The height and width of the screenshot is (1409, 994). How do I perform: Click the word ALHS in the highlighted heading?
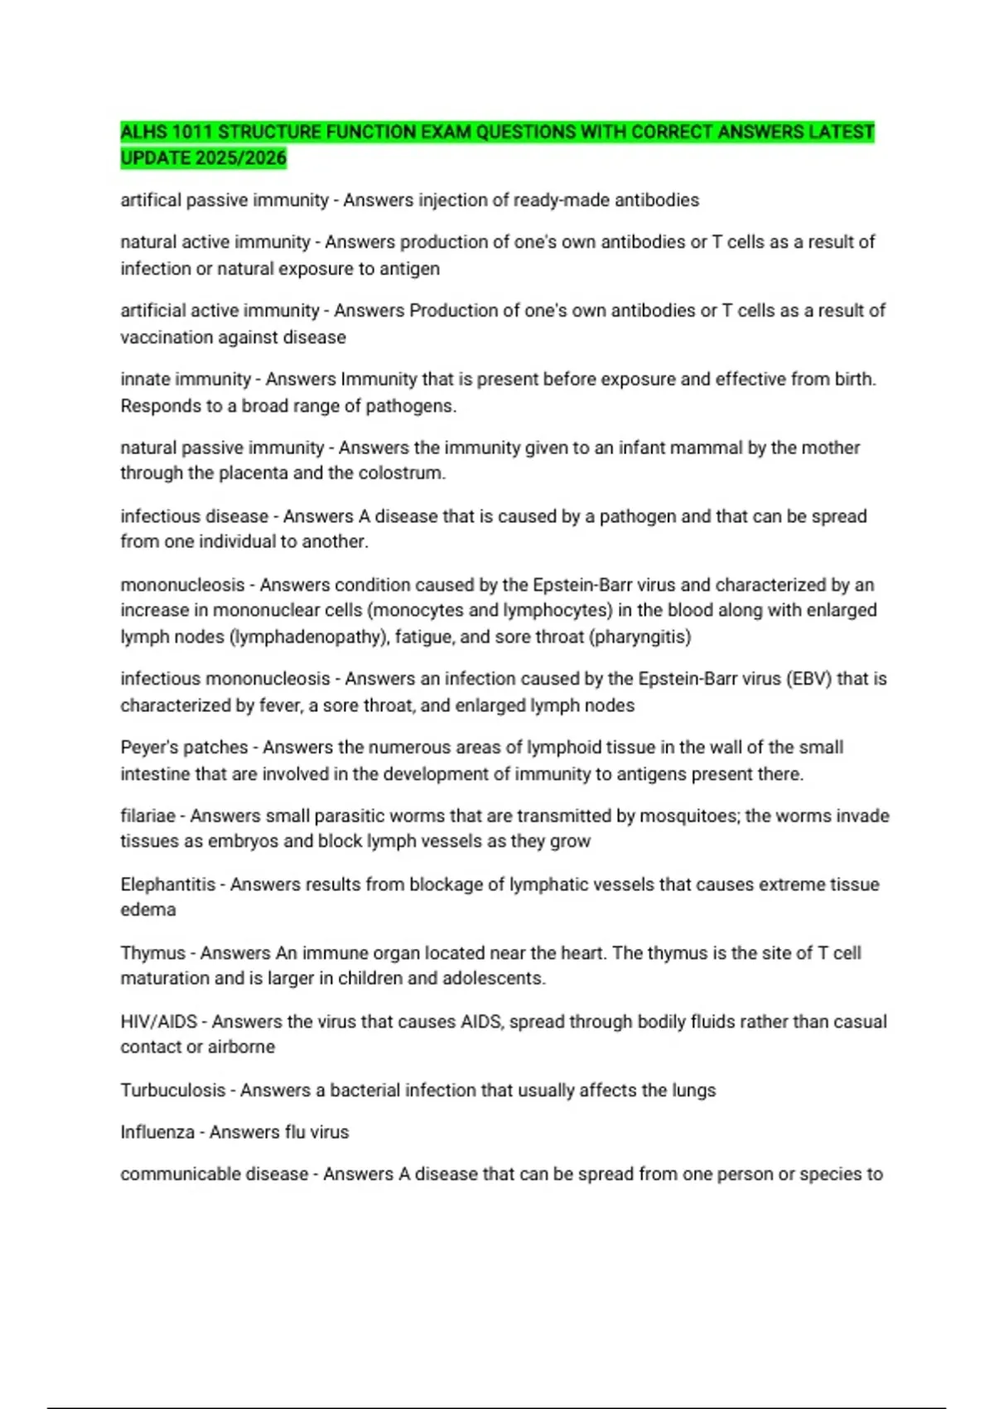pyautogui.click(x=144, y=132)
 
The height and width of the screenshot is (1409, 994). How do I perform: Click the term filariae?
pyautogui.click(x=147, y=816)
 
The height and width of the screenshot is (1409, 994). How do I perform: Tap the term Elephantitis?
pyautogui.click(x=167, y=884)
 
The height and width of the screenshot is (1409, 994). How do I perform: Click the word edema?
pyautogui.click(x=147, y=909)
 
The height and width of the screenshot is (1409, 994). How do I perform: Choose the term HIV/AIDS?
pyautogui.click(x=158, y=1021)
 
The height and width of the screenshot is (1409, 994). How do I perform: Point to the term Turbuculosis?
pyautogui.click(x=172, y=1090)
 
